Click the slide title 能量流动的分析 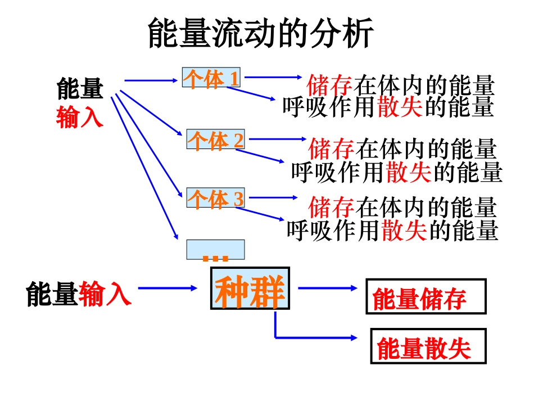tap(261, 34)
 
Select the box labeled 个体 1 tap(211, 78)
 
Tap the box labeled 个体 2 tap(215, 139)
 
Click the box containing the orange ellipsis tap(215, 250)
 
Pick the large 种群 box tap(250, 289)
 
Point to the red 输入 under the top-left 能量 tap(80, 116)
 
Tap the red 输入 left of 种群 tap(105, 294)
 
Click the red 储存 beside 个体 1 tap(329, 86)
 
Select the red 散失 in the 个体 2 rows tap(409, 172)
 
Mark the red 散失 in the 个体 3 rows tap(404, 229)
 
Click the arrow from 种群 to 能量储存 tap(327, 288)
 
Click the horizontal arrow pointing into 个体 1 tap(151, 80)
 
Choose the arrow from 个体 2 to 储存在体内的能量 tap(276, 138)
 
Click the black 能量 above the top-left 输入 tap(80, 89)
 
